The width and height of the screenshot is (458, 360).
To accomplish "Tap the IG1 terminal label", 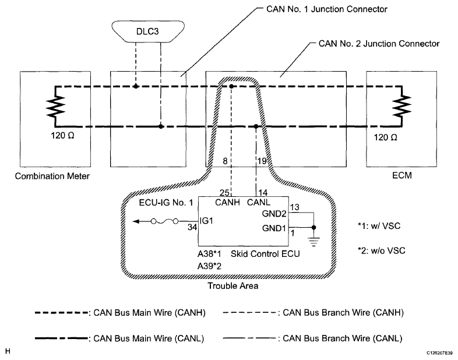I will click(x=208, y=221).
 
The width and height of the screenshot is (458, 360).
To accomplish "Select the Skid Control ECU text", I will click(x=259, y=255).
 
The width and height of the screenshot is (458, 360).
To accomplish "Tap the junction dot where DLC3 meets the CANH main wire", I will click(x=135, y=86).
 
